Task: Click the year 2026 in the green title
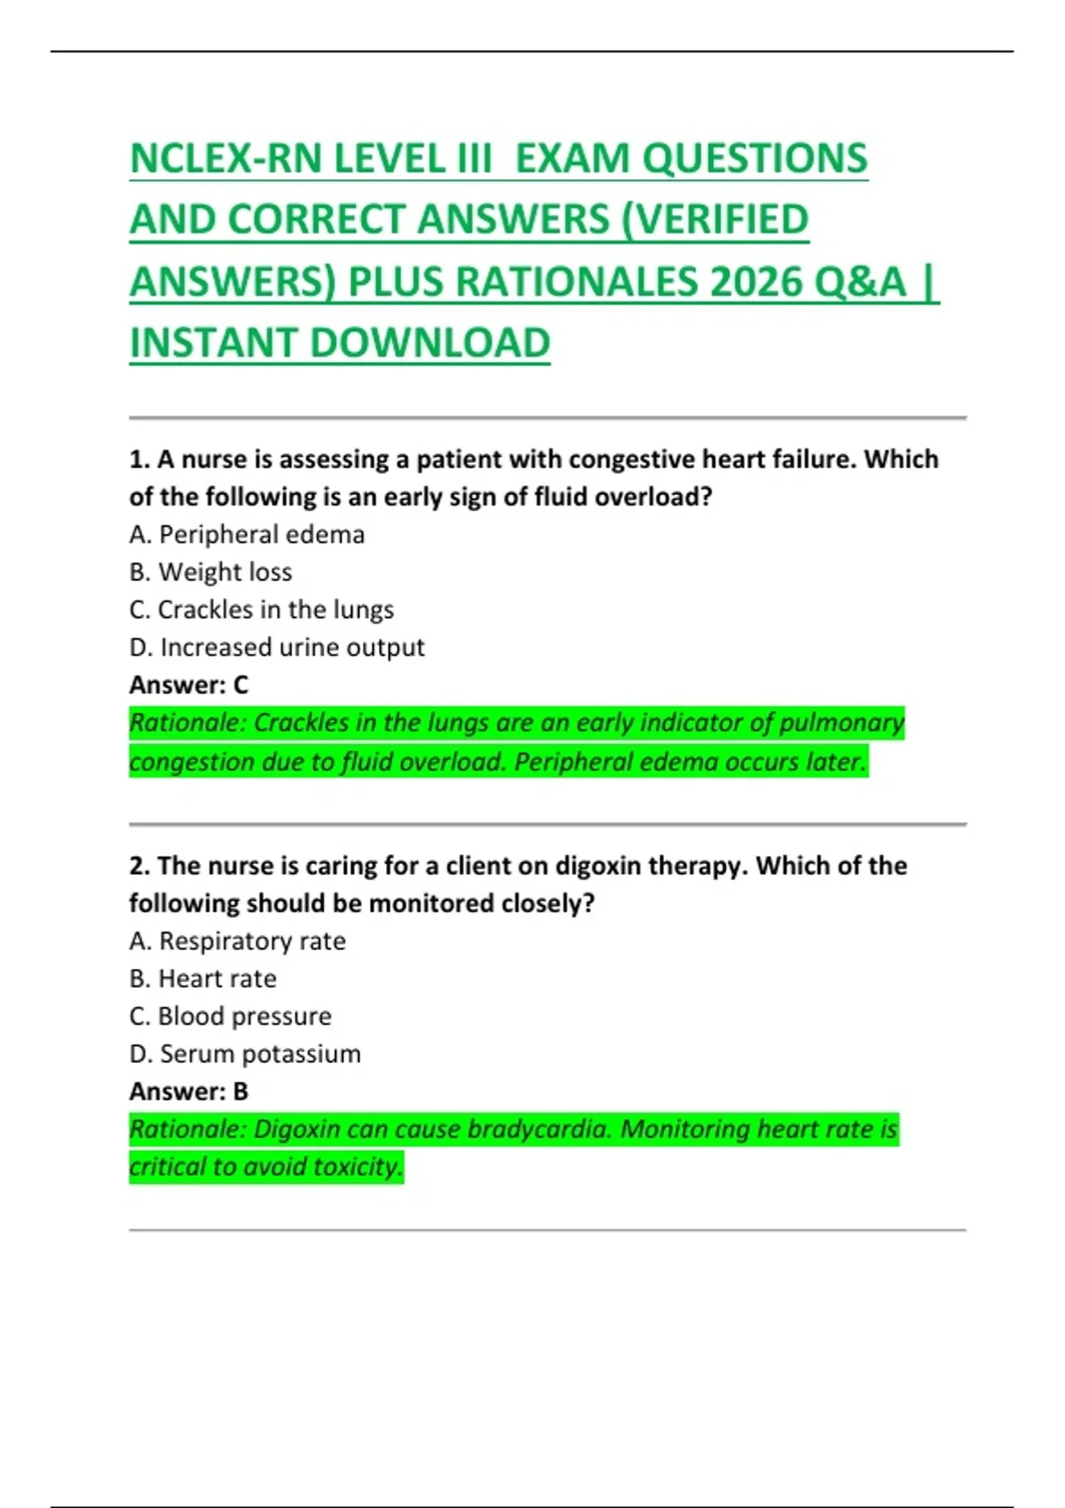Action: coord(755,282)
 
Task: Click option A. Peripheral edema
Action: coord(247,535)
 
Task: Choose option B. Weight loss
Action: coord(210,572)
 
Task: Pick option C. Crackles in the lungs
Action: coord(261,610)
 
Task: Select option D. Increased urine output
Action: coord(276,648)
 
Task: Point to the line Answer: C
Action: coord(188,685)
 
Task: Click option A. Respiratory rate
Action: coord(237,941)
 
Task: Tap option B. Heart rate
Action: coord(202,978)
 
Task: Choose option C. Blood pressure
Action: coord(230,1017)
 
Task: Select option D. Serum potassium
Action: coord(245,1054)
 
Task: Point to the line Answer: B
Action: coord(188,1091)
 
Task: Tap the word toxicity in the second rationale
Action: coord(358,1166)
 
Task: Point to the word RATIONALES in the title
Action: coord(577,282)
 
